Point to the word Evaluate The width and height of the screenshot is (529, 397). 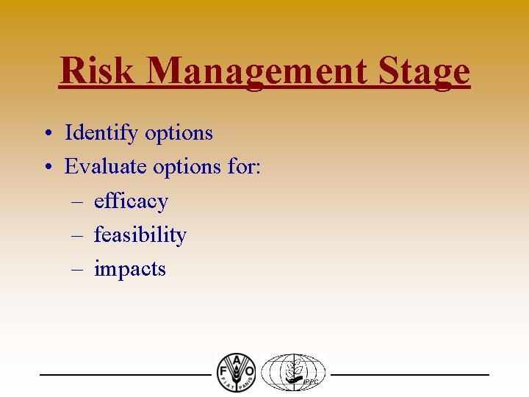pyautogui.click(x=105, y=167)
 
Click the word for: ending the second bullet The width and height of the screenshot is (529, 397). pyautogui.click(x=244, y=167)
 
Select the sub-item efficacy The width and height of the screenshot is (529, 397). pyautogui.click(x=131, y=201)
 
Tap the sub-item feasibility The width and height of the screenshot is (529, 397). pyautogui.click(x=140, y=235)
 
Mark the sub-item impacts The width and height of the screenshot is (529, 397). pyautogui.click(x=129, y=270)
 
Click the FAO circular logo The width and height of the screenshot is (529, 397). pyautogui.click(x=236, y=373)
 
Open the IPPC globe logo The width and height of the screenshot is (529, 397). pyautogui.click(x=293, y=373)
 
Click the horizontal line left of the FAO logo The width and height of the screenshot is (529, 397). pyautogui.click(x=125, y=375)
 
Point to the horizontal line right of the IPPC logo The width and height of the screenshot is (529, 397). pyautogui.click(x=409, y=375)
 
